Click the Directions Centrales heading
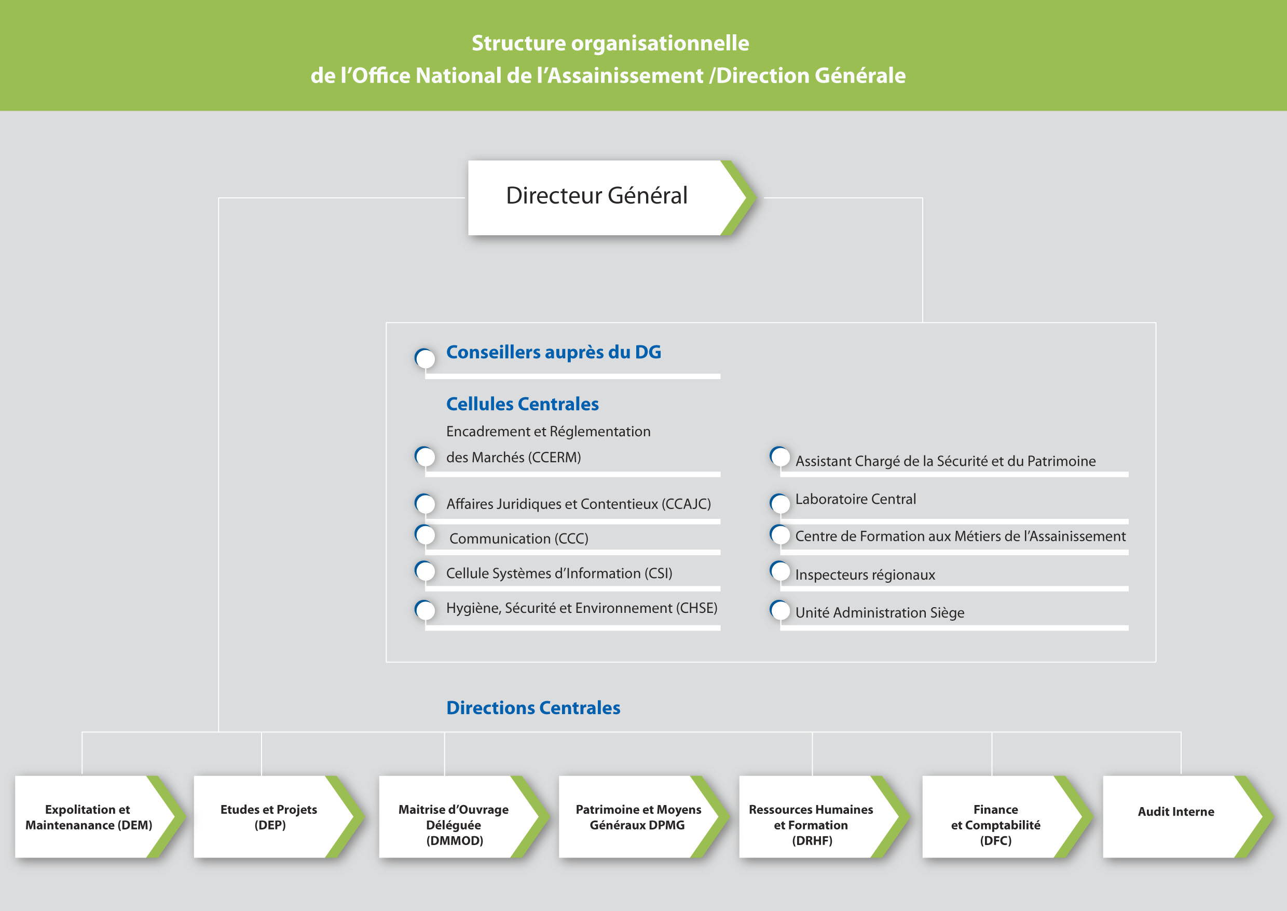coord(532,708)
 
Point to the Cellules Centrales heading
coord(522,404)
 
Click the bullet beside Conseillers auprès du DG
coord(425,358)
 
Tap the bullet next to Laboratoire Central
coord(779,503)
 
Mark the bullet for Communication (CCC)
coord(425,534)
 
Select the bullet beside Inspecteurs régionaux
coord(779,571)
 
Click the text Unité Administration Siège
coord(880,612)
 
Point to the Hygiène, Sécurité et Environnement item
coord(581,608)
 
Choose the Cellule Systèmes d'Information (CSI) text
coord(559,573)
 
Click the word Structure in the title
coord(518,43)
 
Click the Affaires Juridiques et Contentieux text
coord(578,504)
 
